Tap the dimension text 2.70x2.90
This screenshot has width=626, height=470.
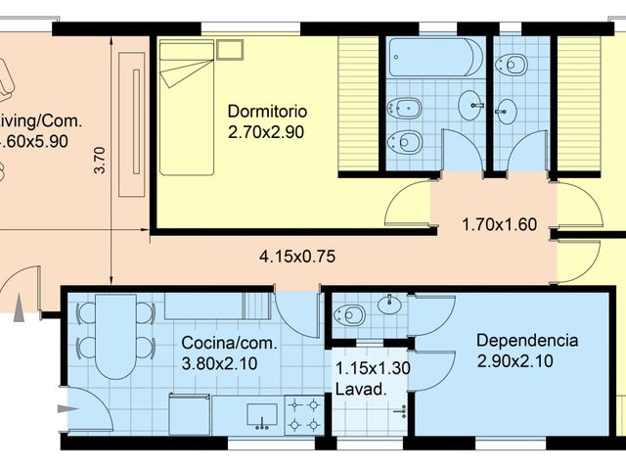tap(267, 130)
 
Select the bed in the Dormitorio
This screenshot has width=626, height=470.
tap(187, 107)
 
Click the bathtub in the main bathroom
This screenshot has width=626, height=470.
tap(435, 58)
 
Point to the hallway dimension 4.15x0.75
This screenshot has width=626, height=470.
tap(297, 258)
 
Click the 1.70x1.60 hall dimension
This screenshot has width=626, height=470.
tap(499, 224)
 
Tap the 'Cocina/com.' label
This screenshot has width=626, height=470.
tap(230, 344)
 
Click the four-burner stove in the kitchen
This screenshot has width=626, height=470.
tap(303, 414)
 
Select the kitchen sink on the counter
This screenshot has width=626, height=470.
tap(260, 415)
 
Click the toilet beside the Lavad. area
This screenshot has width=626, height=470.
tap(350, 314)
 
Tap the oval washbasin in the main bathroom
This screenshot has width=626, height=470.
tap(475, 106)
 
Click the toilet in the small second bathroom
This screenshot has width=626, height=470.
tap(512, 66)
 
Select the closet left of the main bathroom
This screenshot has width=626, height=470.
tap(359, 106)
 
